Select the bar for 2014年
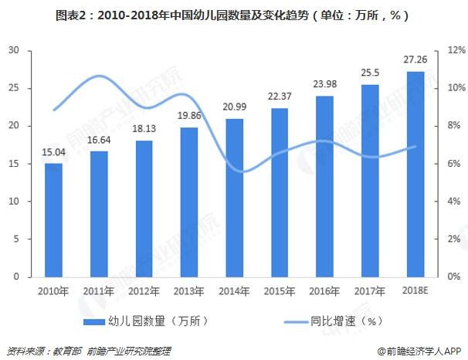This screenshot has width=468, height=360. click(236, 198)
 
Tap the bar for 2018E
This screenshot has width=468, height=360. click(415, 174)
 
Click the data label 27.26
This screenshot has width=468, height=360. click(415, 61)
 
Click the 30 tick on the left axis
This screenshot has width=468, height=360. click(13, 51)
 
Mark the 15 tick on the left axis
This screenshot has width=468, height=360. click(13, 164)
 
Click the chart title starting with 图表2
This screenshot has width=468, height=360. click(233, 14)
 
